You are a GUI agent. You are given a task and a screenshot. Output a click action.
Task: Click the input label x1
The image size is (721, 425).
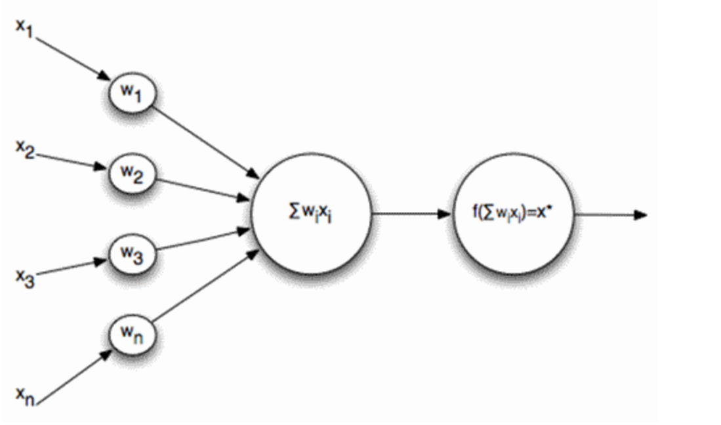pyautogui.click(x=24, y=28)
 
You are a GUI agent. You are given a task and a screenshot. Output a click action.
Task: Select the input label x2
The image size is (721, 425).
pyautogui.click(x=25, y=150)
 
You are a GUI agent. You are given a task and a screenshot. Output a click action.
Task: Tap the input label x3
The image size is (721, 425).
pyautogui.click(x=26, y=277)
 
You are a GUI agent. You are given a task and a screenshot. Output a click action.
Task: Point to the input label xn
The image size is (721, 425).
pyautogui.click(x=26, y=396)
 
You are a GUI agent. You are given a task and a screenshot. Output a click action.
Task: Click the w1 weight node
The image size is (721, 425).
pyautogui.click(x=133, y=92)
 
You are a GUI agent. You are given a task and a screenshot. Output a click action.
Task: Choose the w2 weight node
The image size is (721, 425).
pyautogui.click(x=133, y=174)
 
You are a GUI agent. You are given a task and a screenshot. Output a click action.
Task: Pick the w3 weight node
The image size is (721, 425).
pyautogui.click(x=133, y=253)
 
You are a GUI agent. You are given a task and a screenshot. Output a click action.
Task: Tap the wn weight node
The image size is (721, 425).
pyautogui.click(x=133, y=334)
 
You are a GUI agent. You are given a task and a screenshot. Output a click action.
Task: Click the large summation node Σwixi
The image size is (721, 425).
pyautogui.click(x=312, y=213)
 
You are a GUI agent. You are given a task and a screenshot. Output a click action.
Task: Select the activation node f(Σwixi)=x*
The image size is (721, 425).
pyautogui.click(x=514, y=213)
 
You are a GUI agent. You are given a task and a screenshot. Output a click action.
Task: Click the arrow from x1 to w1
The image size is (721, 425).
pyautogui.click(x=73, y=58)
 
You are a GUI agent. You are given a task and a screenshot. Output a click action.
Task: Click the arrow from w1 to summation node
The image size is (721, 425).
pyautogui.click(x=205, y=142)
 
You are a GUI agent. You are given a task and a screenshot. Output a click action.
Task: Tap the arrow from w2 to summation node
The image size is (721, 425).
pyautogui.click(x=203, y=190)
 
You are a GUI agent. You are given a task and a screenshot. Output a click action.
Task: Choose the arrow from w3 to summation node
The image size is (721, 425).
pyautogui.click(x=203, y=239)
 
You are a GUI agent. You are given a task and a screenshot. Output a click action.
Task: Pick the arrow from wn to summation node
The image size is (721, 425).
pyautogui.click(x=205, y=285)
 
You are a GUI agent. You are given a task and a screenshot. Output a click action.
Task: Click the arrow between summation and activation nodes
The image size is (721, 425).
pyautogui.click(x=411, y=214)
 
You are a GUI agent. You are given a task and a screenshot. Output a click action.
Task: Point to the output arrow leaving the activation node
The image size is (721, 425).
pyautogui.click(x=611, y=214)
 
